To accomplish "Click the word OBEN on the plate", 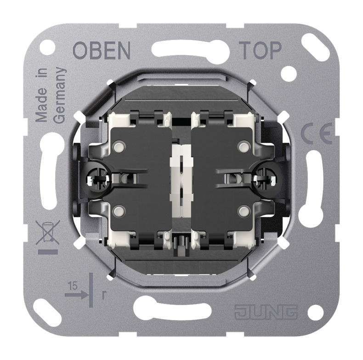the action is click(x=102, y=50).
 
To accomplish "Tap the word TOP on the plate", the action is click(x=261, y=50).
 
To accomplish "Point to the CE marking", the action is click(x=317, y=134).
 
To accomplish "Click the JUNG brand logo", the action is click(x=266, y=312).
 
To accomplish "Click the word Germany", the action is click(x=60, y=96).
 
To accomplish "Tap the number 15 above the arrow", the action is click(x=73, y=286).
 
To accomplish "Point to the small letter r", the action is click(x=104, y=295).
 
